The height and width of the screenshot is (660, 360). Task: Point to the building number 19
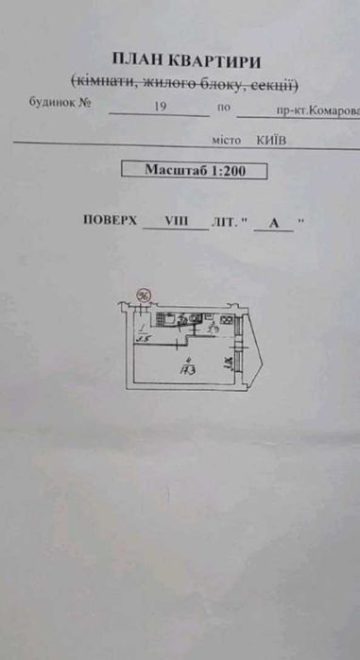click(x=160, y=108)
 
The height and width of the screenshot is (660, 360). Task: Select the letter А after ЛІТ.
click(x=273, y=223)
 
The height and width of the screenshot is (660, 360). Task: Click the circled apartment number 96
click(x=145, y=296)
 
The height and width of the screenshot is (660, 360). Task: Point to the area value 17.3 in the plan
click(x=187, y=370)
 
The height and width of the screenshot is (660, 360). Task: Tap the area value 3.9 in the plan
click(x=214, y=330)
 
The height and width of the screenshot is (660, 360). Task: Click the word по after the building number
click(x=224, y=108)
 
